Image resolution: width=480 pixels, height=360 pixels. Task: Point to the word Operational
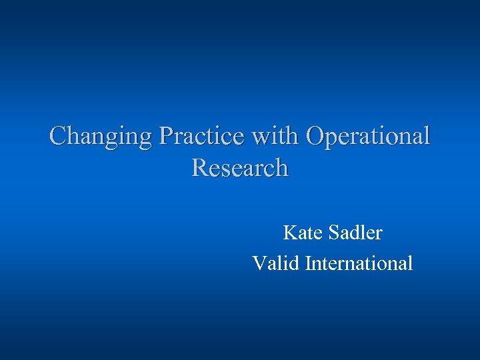pyautogui.click(x=368, y=137)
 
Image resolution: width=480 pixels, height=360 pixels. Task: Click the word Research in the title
pyautogui.click(x=240, y=167)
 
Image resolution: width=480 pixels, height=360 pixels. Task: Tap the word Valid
pyautogui.click(x=276, y=263)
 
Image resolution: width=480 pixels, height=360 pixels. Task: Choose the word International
pyautogui.click(x=359, y=263)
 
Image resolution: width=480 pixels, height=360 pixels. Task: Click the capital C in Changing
pyautogui.click(x=59, y=136)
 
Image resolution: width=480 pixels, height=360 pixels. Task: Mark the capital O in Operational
pyautogui.click(x=314, y=136)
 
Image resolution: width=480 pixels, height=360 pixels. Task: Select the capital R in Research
pyautogui.click(x=199, y=167)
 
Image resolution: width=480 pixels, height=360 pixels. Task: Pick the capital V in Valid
pyautogui.click(x=259, y=263)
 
